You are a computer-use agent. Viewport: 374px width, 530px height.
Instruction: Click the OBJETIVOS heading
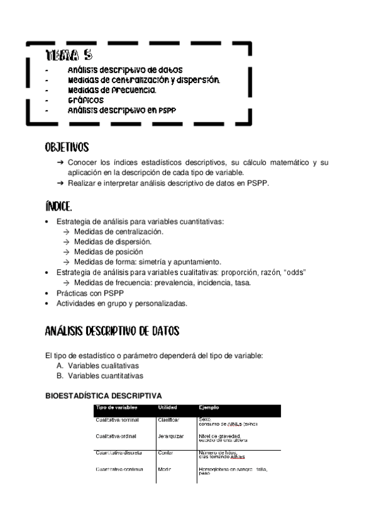[67, 148]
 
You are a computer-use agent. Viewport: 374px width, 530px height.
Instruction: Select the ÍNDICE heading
[59, 207]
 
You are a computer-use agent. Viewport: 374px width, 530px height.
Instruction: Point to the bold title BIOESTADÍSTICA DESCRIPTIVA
[104, 396]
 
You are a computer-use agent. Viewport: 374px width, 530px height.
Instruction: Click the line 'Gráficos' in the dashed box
[86, 100]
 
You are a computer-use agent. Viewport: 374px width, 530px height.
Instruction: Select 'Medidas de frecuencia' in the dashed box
[112, 90]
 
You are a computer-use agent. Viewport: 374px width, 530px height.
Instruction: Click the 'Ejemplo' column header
[209, 407]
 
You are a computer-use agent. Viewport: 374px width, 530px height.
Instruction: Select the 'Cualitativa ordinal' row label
[117, 436]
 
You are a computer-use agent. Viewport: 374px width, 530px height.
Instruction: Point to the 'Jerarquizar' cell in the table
[171, 436]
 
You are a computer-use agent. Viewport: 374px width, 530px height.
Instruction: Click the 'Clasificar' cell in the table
[169, 420]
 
